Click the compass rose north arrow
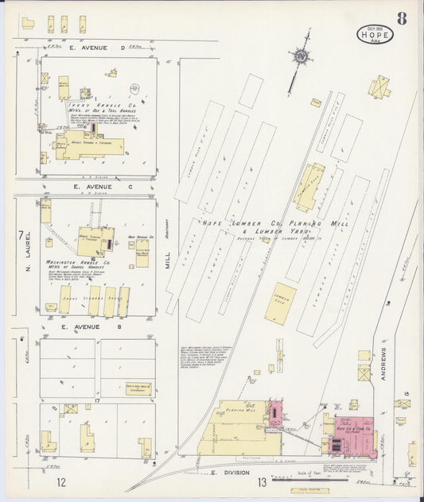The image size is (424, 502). (x=301, y=57)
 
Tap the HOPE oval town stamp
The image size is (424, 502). (x=375, y=36)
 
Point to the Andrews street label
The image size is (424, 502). (x=383, y=362)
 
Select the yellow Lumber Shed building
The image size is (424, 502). (x=280, y=302)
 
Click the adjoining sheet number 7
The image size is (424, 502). (x=21, y=235)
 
